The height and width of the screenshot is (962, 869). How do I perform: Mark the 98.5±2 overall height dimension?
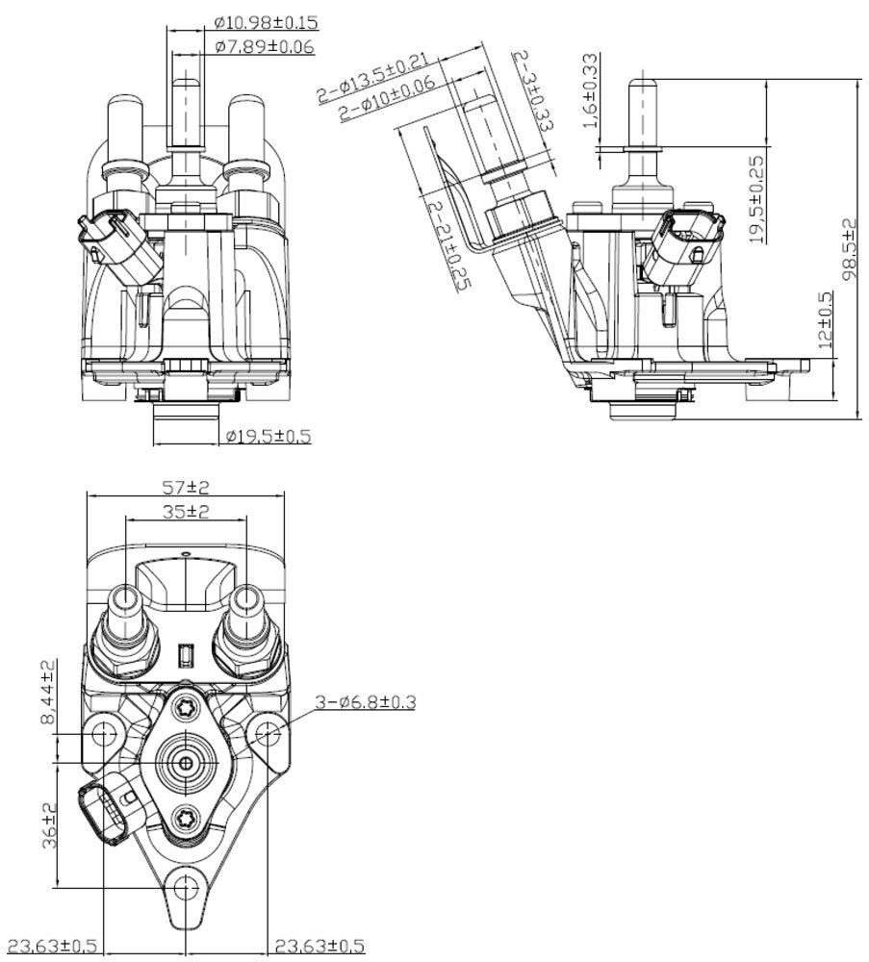[848, 249]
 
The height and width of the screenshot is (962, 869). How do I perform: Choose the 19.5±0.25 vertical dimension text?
[757, 199]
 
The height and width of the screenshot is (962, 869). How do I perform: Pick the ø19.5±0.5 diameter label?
[268, 436]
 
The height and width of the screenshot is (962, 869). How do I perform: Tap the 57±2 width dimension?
[187, 487]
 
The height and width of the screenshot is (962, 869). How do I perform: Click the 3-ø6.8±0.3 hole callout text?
[366, 702]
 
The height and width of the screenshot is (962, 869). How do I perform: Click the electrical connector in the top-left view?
[114, 242]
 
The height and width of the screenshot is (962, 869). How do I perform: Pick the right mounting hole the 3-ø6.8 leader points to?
[267, 735]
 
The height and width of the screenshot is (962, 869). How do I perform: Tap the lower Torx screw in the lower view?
[186, 818]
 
